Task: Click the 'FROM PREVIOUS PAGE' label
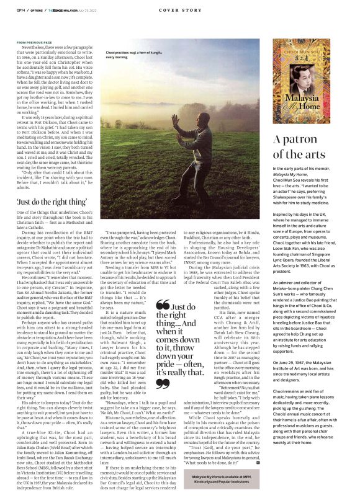[x=34, y=43]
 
